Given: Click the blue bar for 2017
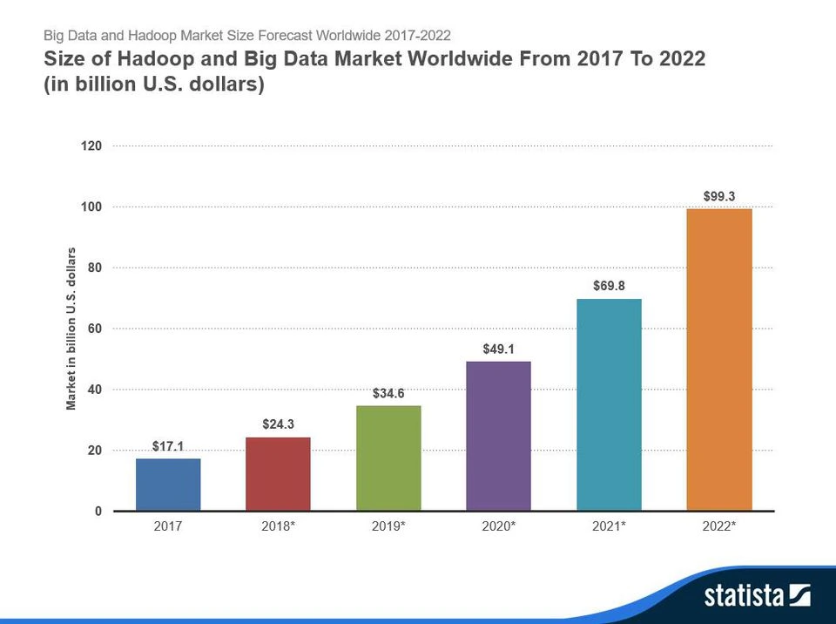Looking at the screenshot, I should click(x=168, y=485).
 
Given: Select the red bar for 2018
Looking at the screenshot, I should click(x=278, y=473).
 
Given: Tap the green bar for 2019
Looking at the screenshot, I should click(x=388, y=458).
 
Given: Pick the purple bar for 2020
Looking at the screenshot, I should click(x=498, y=436).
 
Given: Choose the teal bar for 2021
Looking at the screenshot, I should click(x=609, y=404).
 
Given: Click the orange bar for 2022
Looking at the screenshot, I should click(x=719, y=359).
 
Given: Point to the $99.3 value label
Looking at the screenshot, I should click(x=719, y=196).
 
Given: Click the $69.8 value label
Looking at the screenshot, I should click(x=609, y=286).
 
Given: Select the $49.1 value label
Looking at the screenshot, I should click(x=498, y=349).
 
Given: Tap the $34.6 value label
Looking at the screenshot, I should click(x=388, y=393).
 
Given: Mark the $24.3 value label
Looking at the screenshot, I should click(x=278, y=424).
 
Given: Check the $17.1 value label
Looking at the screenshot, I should click(x=168, y=446).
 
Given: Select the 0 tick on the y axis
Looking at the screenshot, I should click(x=98, y=512).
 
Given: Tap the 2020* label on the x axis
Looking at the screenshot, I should click(x=498, y=527).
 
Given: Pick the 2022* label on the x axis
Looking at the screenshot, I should click(x=719, y=527).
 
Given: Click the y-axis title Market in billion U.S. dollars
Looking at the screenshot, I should click(x=71, y=329).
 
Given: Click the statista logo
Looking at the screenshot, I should click(x=757, y=596).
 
